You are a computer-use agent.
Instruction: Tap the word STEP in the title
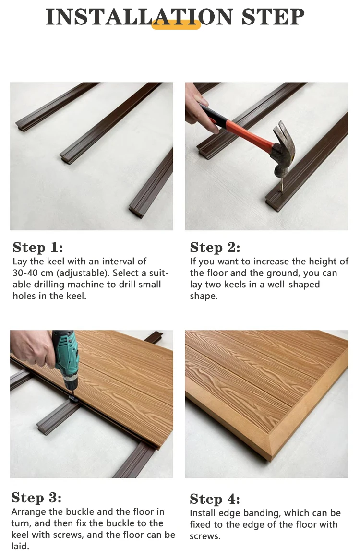pyautogui.click(x=273, y=17)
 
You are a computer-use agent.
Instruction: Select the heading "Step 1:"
pyautogui.click(x=38, y=247)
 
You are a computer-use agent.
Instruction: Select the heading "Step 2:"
pyautogui.click(x=215, y=247)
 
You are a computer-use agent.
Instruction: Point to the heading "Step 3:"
pyautogui.click(x=36, y=497)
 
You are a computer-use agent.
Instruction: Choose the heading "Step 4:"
pyautogui.click(x=215, y=499)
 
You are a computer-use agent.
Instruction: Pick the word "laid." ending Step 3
pyautogui.click(x=20, y=546)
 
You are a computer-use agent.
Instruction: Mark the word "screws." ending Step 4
pyautogui.click(x=205, y=536)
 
